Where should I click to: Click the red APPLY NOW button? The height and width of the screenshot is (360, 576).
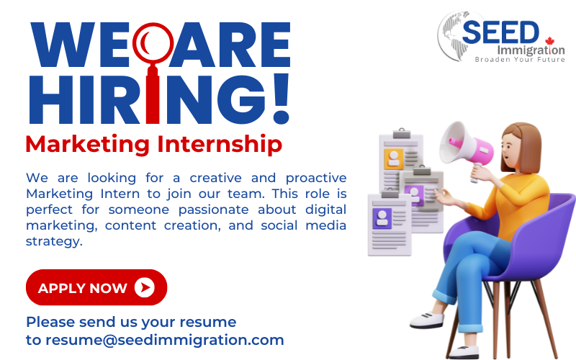[x=96, y=287]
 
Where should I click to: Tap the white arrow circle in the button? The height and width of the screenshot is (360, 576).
[x=145, y=287]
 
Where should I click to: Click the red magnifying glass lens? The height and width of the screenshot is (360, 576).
[x=153, y=43]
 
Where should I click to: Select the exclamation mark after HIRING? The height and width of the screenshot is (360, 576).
[x=282, y=99]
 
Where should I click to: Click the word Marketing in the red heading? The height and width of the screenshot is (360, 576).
[x=87, y=145]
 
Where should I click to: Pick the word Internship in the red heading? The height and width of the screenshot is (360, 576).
[x=220, y=145]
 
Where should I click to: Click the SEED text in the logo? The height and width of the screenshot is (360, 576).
[x=500, y=32]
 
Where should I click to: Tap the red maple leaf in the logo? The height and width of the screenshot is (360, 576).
[x=549, y=41]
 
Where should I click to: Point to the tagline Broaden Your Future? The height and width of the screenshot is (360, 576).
[x=520, y=60]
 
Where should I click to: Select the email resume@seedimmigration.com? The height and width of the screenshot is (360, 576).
[x=165, y=340]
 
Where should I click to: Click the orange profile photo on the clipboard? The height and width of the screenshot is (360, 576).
[x=394, y=158]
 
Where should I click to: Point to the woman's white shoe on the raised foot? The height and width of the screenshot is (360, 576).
[x=427, y=320]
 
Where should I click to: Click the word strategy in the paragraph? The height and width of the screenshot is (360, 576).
[x=54, y=242]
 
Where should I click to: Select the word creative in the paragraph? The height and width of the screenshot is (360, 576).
[x=215, y=178]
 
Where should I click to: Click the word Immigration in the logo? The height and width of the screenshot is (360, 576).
[x=531, y=50]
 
